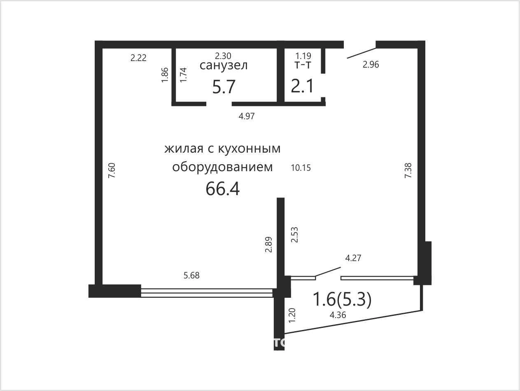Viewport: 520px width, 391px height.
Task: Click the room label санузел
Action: click(x=224, y=66)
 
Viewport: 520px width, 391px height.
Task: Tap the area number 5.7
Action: click(x=224, y=87)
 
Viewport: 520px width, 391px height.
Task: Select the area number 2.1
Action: click(x=302, y=86)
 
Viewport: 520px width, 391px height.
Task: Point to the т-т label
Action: click(x=303, y=65)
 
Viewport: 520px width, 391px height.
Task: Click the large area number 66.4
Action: click(x=222, y=189)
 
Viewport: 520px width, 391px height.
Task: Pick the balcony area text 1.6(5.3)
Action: click(x=342, y=299)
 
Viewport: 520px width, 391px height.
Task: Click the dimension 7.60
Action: click(x=112, y=170)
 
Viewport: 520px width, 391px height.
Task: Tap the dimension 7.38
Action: click(x=408, y=170)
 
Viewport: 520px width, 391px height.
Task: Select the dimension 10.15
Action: click(x=301, y=168)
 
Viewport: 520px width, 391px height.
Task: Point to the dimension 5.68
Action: click(x=191, y=276)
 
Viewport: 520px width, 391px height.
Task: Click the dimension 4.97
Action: click(x=247, y=116)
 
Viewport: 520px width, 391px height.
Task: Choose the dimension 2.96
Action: click(x=371, y=64)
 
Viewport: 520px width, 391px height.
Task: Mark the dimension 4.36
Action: click(x=338, y=315)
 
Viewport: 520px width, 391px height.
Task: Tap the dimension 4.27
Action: click(x=353, y=258)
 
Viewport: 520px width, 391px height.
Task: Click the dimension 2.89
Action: click(x=269, y=245)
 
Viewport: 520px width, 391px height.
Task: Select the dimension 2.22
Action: click(x=138, y=58)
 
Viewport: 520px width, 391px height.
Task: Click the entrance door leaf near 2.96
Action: click(x=361, y=53)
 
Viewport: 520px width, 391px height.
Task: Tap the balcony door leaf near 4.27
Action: click(x=328, y=272)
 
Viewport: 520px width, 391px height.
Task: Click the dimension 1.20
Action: click(x=292, y=315)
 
